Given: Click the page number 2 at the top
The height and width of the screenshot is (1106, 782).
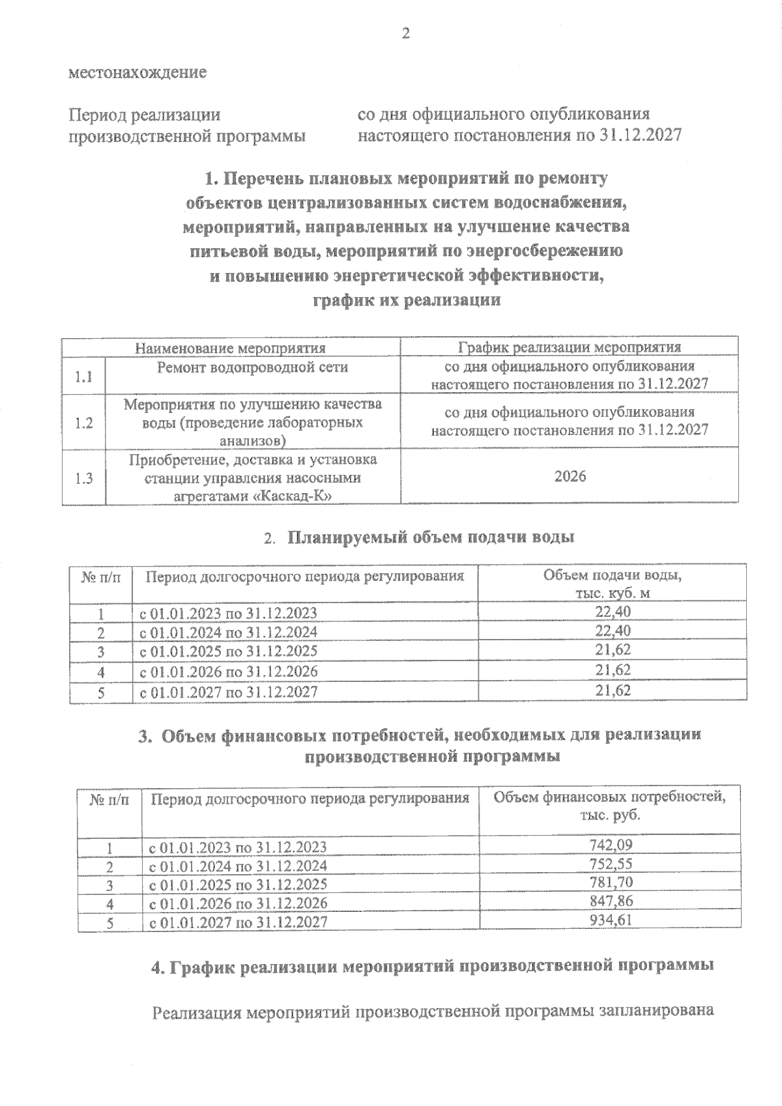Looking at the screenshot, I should pos(406,34).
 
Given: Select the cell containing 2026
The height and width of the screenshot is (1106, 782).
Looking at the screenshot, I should pos(570,477).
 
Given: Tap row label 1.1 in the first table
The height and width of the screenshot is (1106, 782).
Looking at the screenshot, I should pos(83,376).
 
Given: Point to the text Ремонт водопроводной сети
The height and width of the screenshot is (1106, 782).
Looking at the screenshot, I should pos(252,367).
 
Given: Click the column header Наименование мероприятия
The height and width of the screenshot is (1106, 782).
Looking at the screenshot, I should pos(230,348).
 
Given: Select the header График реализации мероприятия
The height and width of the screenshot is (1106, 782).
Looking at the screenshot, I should pos(570,347).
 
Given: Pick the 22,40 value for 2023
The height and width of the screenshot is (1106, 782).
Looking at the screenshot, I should pos(613,612).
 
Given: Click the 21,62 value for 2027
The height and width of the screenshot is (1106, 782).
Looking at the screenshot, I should pos(613,690).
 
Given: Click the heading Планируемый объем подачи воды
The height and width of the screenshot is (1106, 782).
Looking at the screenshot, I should pos(431,538).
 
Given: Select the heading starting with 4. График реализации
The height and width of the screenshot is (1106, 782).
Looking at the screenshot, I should pos(432,967).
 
